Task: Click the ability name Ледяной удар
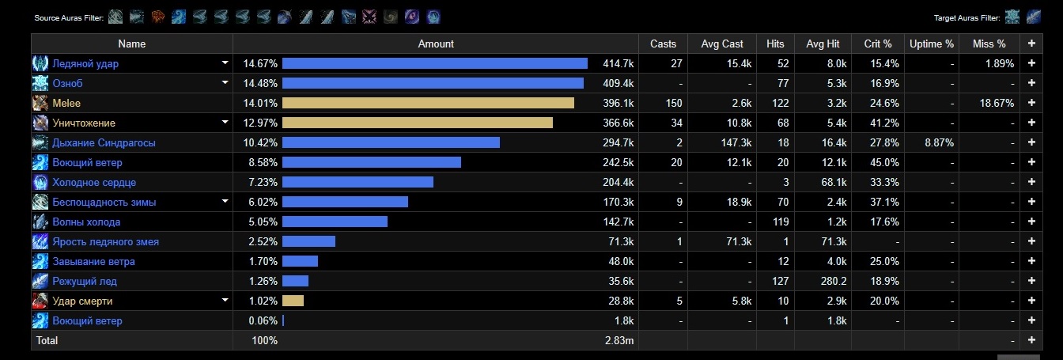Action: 85,63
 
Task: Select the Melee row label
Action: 66,103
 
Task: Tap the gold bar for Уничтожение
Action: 417,123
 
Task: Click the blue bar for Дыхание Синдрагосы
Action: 391,142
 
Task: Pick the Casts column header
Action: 663,44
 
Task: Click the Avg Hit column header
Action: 822,44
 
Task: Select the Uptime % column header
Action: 931,44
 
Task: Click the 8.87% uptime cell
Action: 938,142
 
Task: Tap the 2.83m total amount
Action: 619,340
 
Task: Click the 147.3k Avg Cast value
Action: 731,142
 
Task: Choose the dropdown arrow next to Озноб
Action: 225,83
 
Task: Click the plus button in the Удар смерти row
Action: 1031,301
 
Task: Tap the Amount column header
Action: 436,44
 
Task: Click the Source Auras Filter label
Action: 69,17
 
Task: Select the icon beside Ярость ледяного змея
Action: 40,241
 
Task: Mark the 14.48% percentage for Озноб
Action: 260,83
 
